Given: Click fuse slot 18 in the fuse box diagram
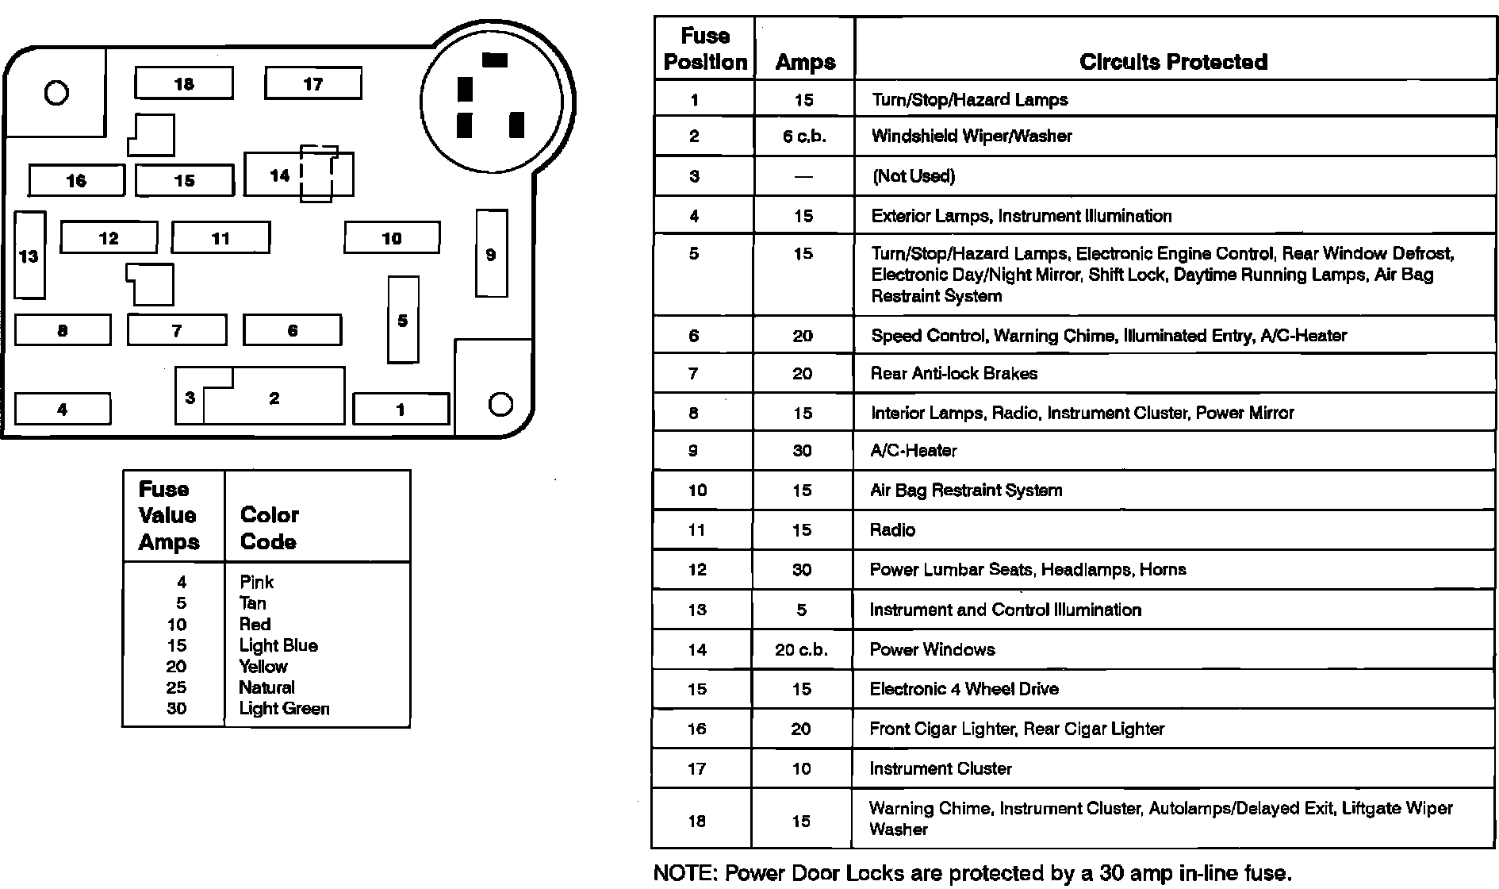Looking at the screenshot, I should click(x=184, y=83).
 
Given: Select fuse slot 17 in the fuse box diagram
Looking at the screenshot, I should click(x=312, y=83).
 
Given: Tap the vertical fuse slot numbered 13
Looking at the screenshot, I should click(x=29, y=256).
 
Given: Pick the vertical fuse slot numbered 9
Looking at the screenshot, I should click(x=491, y=254).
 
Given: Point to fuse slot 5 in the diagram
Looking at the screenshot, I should click(x=403, y=320).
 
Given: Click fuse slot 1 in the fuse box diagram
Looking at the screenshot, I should click(x=401, y=410).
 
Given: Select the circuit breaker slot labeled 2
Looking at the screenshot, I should click(x=274, y=398).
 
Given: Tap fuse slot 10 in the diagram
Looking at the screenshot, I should click(x=392, y=237).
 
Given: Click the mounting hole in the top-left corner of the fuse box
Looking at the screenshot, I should click(x=56, y=93).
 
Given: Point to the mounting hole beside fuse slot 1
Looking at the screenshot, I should click(x=500, y=405).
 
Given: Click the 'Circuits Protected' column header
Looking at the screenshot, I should click(x=1173, y=62).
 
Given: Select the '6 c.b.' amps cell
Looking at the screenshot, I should click(x=803, y=137).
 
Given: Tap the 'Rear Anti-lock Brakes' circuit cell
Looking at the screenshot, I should click(x=953, y=373).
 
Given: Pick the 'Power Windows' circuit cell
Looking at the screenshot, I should click(x=932, y=649).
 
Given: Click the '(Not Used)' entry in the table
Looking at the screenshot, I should click(x=913, y=176).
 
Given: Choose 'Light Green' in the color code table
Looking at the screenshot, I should click(x=284, y=708).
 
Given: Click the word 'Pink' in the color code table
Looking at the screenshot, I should click(x=256, y=582).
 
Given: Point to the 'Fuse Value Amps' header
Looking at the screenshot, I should click(x=168, y=515).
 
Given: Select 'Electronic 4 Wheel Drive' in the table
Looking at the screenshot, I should click(x=964, y=689).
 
